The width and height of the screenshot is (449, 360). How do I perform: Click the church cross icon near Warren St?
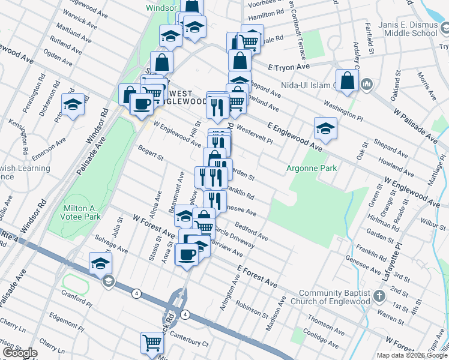coord(379,296)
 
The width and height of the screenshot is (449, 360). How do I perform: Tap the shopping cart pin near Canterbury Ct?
coord(152,343)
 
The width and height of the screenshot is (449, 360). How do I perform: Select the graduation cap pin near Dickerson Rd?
coord(73,104)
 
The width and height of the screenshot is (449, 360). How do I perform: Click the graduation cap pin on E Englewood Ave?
coord(325,128)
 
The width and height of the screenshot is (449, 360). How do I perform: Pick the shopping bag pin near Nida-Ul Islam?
coord(348,81)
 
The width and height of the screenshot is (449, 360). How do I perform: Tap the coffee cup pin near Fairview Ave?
coord(187,254)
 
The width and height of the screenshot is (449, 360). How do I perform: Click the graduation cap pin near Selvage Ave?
coord(100,263)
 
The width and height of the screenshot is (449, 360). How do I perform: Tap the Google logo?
coord(20,353)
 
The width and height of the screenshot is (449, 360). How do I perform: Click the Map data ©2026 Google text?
coord(412,355)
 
